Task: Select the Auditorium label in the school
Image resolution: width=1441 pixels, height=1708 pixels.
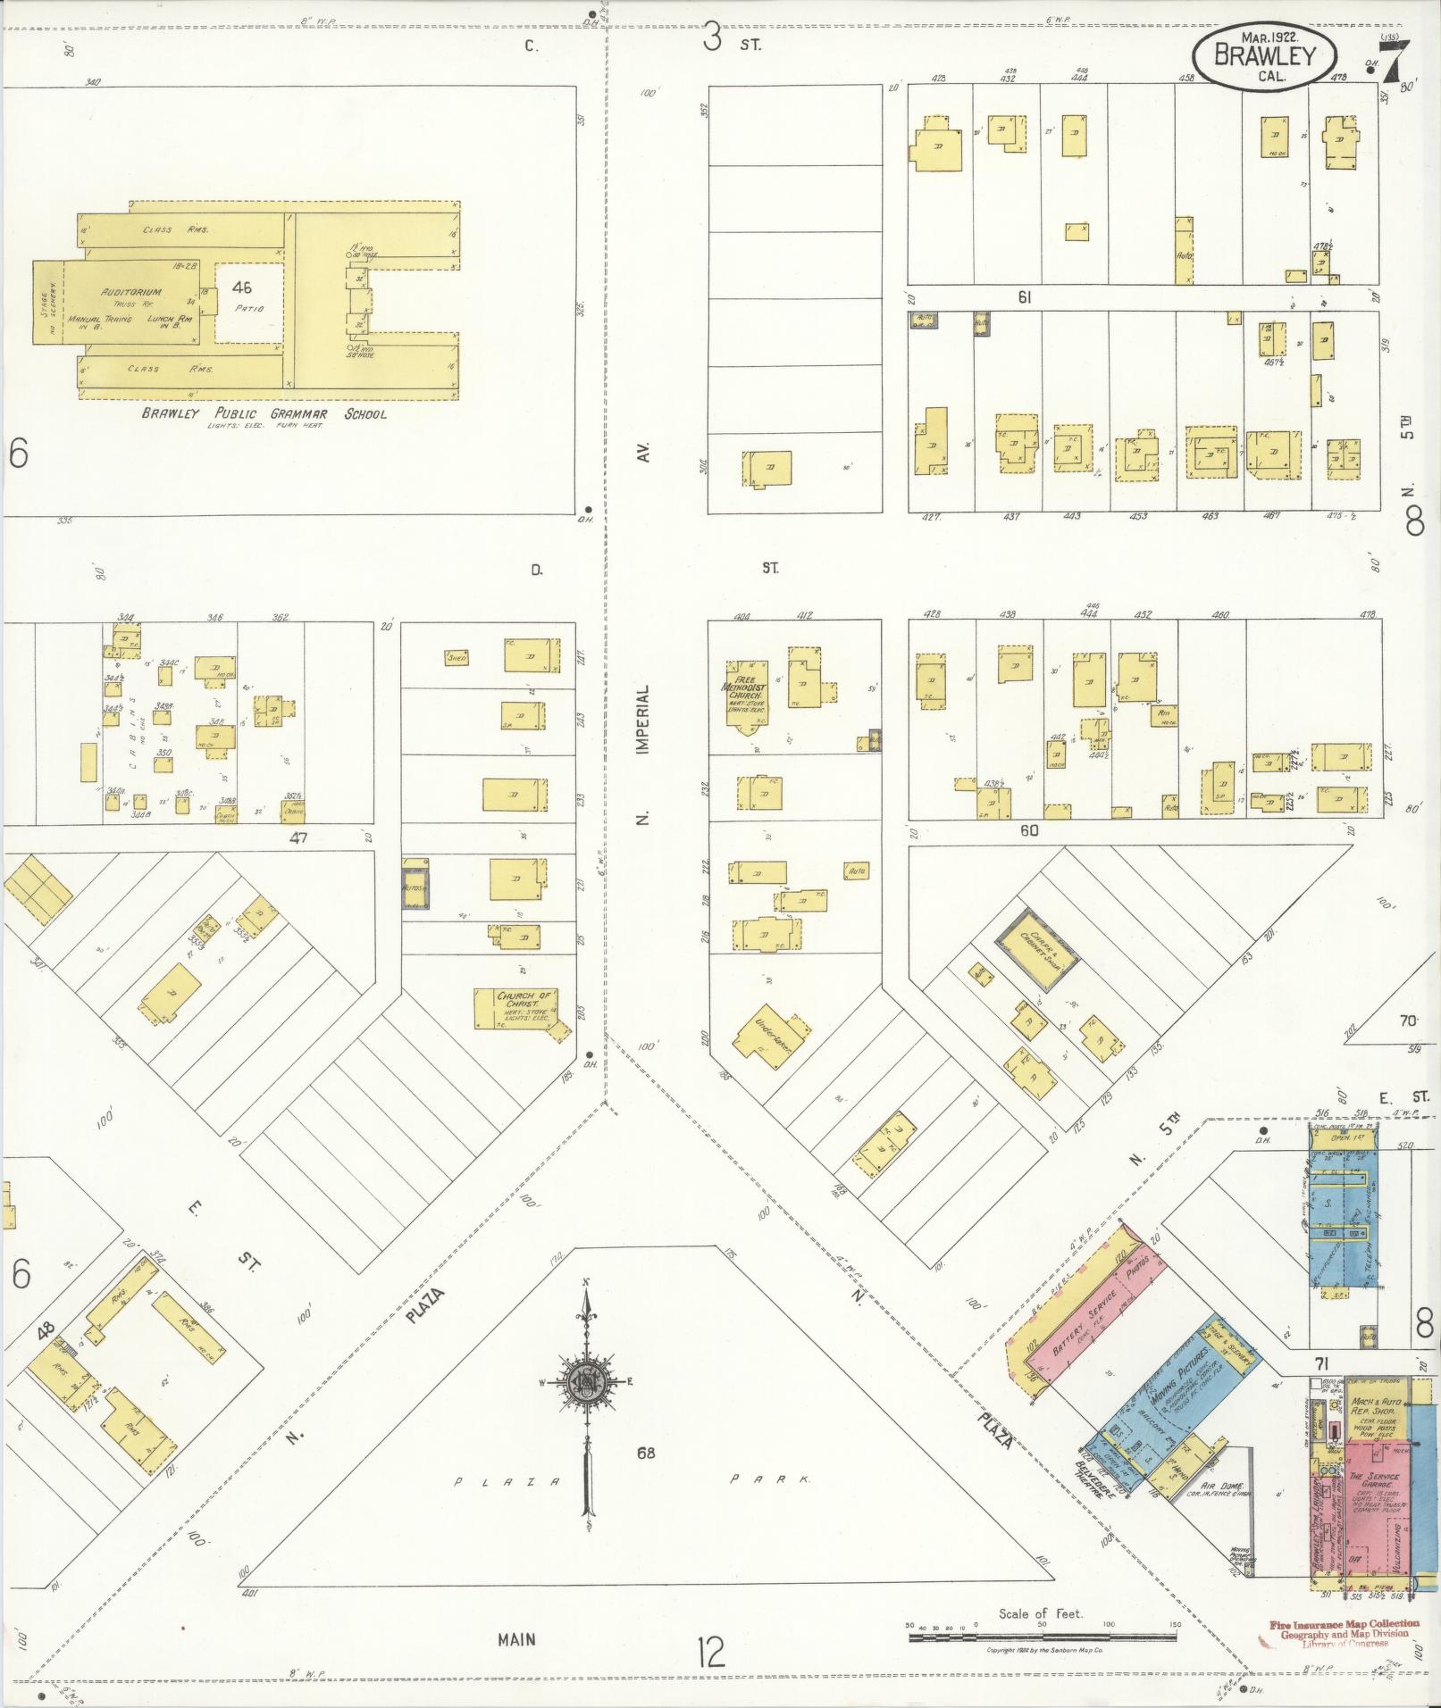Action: tap(131, 292)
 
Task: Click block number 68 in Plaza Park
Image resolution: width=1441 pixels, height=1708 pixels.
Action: tap(646, 1453)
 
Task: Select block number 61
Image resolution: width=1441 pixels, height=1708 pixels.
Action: tap(1024, 297)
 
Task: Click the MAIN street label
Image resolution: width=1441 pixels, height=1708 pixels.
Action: tap(516, 1639)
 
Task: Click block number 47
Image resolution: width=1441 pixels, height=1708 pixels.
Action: tap(297, 838)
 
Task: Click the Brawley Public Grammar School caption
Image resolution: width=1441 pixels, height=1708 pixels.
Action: tap(264, 414)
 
